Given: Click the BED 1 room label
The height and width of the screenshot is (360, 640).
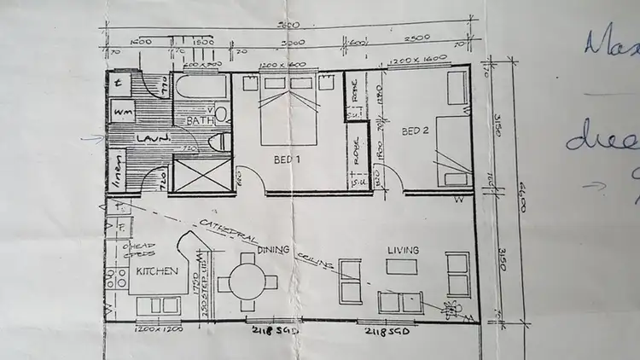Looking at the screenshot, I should click(x=287, y=160).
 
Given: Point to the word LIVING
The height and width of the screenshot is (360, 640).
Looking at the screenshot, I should click(x=403, y=250).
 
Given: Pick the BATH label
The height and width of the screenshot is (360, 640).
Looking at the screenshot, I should click(x=198, y=121).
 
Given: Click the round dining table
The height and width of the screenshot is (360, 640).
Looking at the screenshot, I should click(x=245, y=282).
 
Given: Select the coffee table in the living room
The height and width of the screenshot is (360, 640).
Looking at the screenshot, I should click(x=402, y=267).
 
